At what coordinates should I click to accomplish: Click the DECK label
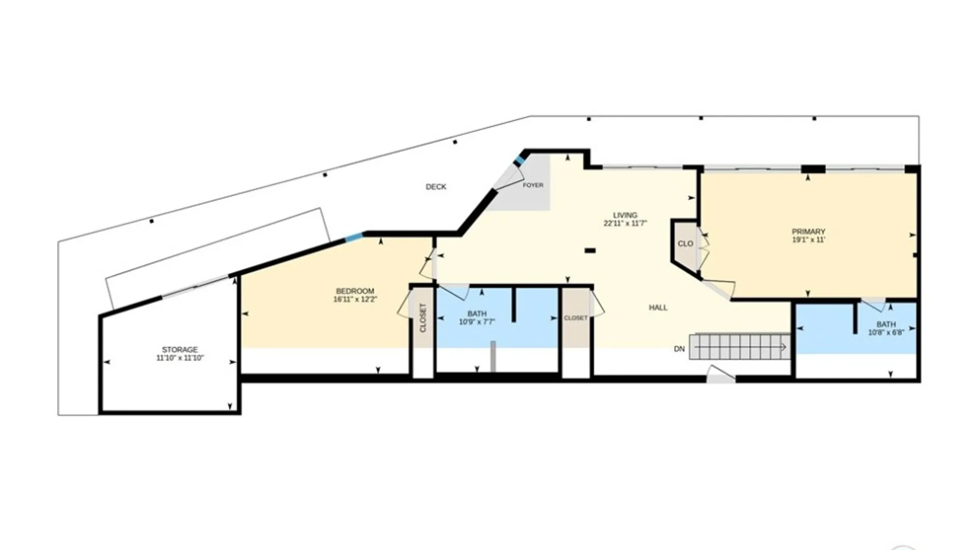(x=436, y=187)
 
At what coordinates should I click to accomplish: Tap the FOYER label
(x=533, y=185)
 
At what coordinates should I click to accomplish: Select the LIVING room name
(x=625, y=215)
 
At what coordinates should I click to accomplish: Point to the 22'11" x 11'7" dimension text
(x=625, y=224)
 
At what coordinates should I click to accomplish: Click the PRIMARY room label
(x=808, y=232)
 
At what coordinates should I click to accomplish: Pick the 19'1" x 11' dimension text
(x=808, y=240)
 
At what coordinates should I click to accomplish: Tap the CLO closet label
(x=686, y=244)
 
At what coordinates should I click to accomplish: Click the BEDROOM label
(x=355, y=291)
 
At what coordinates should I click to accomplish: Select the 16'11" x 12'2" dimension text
(x=355, y=299)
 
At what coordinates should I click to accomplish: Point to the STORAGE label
(x=180, y=350)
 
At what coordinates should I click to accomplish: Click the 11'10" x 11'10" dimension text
(x=180, y=358)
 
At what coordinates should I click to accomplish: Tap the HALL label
(x=658, y=308)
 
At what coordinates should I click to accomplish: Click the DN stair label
(x=680, y=349)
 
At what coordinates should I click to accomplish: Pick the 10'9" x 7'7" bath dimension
(x=477, y=322)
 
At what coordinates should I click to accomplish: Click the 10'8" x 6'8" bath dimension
(x=886, y=333)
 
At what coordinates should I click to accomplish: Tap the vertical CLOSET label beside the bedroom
(x=423, y=318)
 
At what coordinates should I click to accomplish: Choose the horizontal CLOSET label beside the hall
(x=576, y=318)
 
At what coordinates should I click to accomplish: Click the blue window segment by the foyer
(x=519, y=160)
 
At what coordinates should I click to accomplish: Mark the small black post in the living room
(x=590, y=251)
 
